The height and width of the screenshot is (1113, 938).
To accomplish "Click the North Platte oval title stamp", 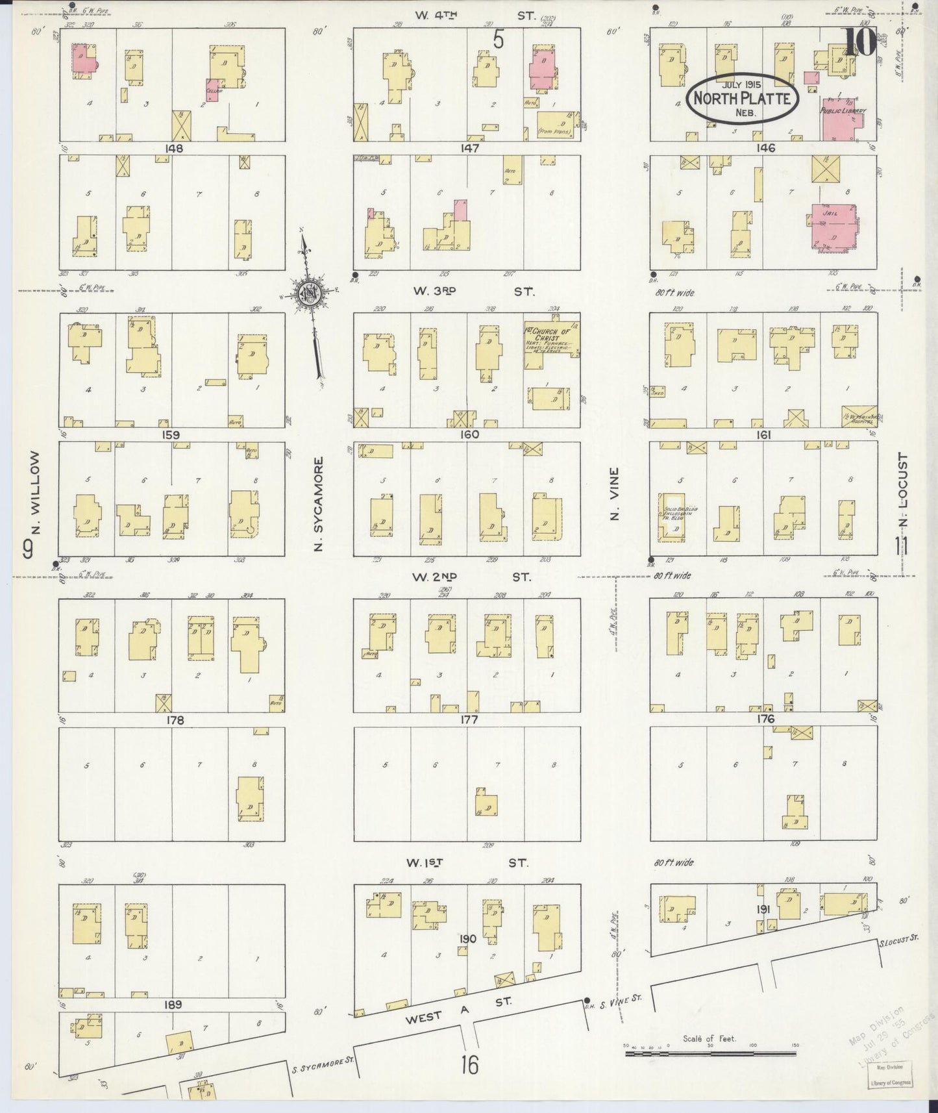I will (742, 98).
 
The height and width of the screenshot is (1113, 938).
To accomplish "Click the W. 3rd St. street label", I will (474, 292).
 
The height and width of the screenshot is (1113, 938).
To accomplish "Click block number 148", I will (174, 149).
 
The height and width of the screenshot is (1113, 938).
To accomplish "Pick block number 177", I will (468, 719).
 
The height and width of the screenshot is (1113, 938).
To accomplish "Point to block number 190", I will (467, 939).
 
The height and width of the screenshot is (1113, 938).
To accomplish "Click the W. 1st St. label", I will (467, 862).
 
